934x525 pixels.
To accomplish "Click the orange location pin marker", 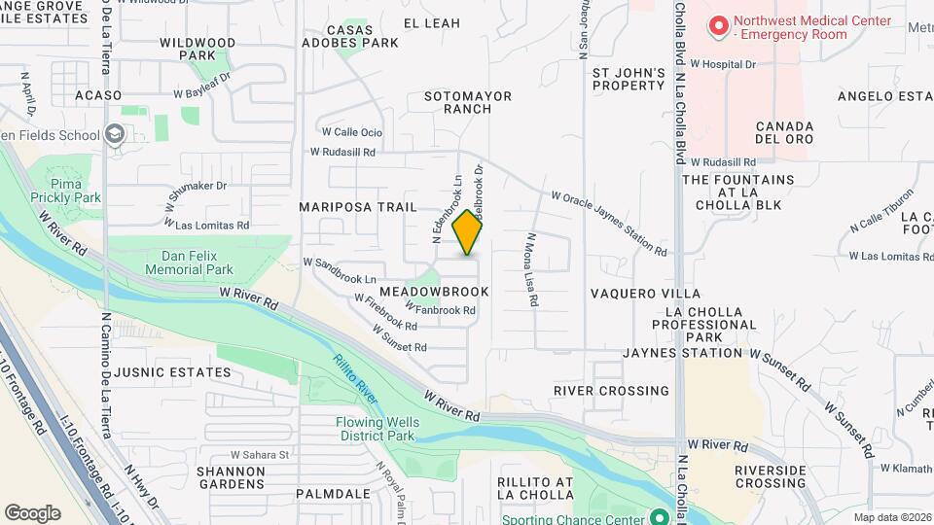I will pyautogui.click(x=467, y=232).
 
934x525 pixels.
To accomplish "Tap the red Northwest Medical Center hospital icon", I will pyautogui.click(x=719, y=26).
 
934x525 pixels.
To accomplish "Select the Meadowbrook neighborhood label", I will pyautogui.click(x=448, y=292).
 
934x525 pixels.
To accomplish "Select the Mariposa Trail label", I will pyautogui.click(x=357, y=207).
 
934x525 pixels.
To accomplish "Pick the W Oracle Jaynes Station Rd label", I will pyautogui.click(x=609, y=224).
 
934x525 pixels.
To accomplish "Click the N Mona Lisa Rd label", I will pyautogui.click(x=532, y=269).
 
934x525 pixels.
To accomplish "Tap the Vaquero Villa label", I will pyautogui.click(x=645, y=294).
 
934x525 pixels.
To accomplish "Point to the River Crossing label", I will pyautogui.click(x=611, y=391).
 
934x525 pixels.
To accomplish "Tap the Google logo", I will pyautogui.click(x=32, y=513).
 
